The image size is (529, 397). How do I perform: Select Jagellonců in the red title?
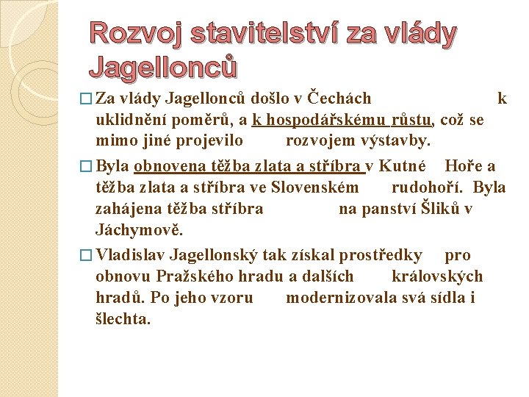pyautogui.click(x=162, y=67)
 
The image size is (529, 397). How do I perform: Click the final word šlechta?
pyautogui.click(x=123, y=318)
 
